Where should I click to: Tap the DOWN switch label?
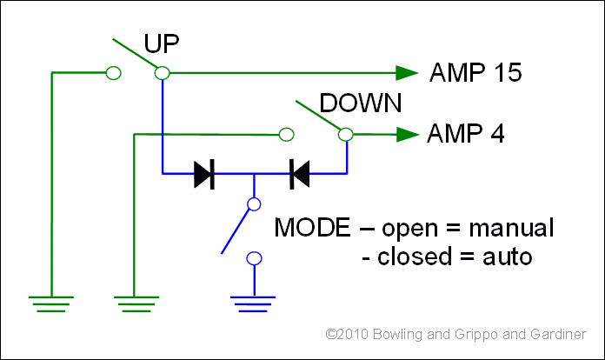[x=360, y=104]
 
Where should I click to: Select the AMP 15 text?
[x=475, y=74]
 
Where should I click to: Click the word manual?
[x=510, y=230]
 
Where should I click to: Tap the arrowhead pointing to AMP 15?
[x=406, y=74]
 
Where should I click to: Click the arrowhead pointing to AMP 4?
[x=407, y=135]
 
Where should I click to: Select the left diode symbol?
[x=204, y=175]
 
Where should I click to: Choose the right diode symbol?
[x=299, y=175]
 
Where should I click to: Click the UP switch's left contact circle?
[x=112, y=74]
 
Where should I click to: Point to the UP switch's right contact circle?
[x=161, y=74]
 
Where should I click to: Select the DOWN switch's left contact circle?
[x=285, y=135]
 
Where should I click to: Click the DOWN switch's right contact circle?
[x=346, y=134]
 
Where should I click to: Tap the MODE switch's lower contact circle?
[x=254, y=258]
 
